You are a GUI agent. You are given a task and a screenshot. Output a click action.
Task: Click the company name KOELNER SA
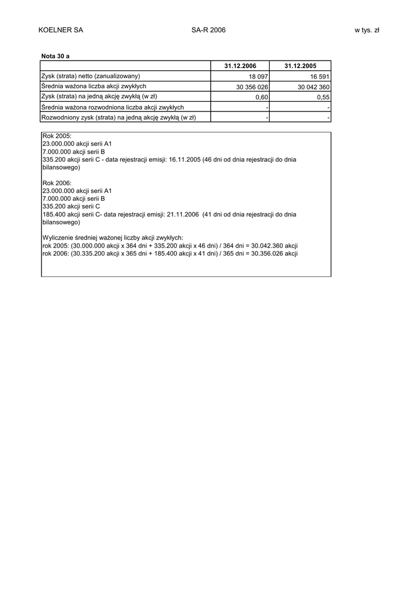coord(61,30)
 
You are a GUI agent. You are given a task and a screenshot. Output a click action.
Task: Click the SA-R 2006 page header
coord(208,30)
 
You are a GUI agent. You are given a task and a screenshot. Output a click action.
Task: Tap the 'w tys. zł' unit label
coord(367,30)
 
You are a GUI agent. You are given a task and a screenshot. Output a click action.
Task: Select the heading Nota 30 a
coord(55,56)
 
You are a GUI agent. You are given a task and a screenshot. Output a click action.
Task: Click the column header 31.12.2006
coord(240,66)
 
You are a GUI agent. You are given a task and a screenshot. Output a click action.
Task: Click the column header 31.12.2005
coord(300,66)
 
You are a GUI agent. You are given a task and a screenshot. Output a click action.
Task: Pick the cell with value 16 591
coord(318,77)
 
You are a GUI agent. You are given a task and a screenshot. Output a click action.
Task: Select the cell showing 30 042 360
coord(313,87)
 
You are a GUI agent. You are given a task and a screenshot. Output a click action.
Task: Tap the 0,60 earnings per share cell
coord(262,98)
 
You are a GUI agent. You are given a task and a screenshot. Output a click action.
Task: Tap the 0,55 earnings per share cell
coord(323,98)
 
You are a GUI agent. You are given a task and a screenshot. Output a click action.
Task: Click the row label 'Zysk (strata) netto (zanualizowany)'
coord(91,76)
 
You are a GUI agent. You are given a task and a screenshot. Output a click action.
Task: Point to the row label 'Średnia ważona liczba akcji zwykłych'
coord(94,86)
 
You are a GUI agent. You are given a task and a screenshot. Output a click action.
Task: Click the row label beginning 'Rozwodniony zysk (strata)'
coord(118,118)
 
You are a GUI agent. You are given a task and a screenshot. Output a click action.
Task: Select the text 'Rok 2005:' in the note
coord(57,136)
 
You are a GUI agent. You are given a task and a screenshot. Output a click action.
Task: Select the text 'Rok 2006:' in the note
coord(57,182)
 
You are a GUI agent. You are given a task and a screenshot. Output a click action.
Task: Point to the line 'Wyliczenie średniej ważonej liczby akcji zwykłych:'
coord(113,238)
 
